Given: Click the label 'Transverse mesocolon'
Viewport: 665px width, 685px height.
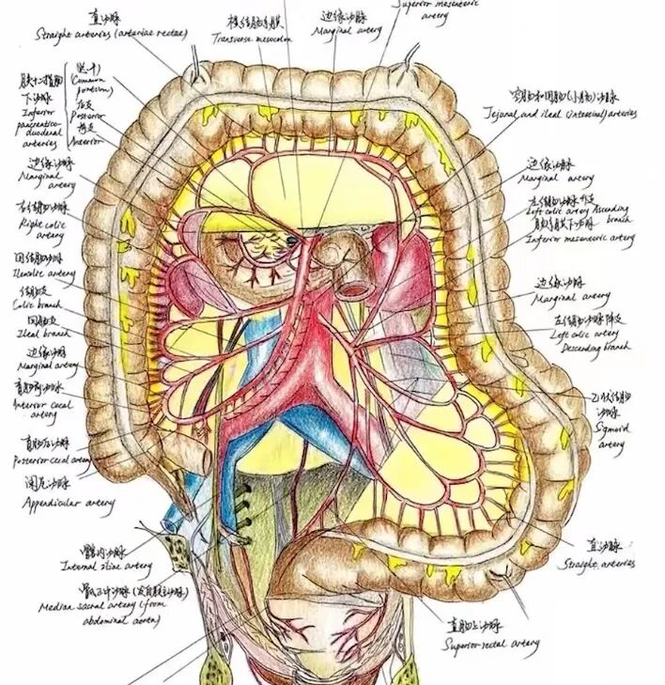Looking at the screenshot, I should coord(254,39).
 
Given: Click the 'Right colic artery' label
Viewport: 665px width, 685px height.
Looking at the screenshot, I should coord(43,228).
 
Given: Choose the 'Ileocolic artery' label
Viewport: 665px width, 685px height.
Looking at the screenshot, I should coord(43,273).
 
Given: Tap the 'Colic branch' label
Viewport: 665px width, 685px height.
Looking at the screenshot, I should coord(35,305).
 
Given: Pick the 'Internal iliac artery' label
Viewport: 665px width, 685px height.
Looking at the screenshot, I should coord(105,566).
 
